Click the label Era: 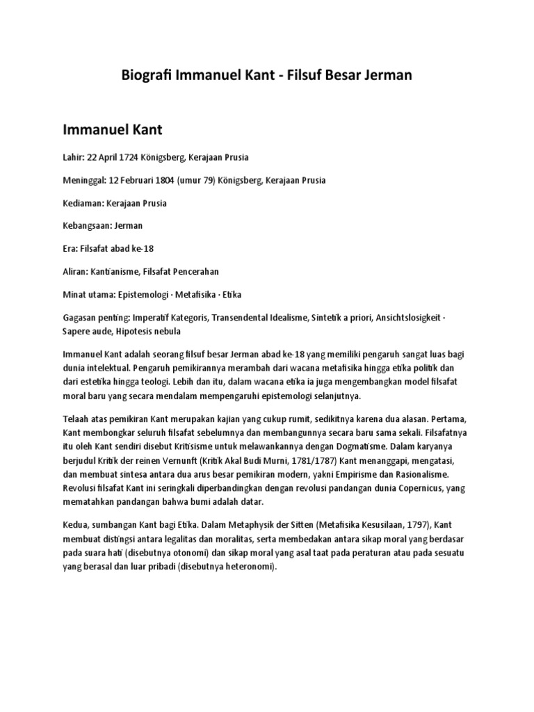72,249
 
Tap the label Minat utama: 90,295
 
